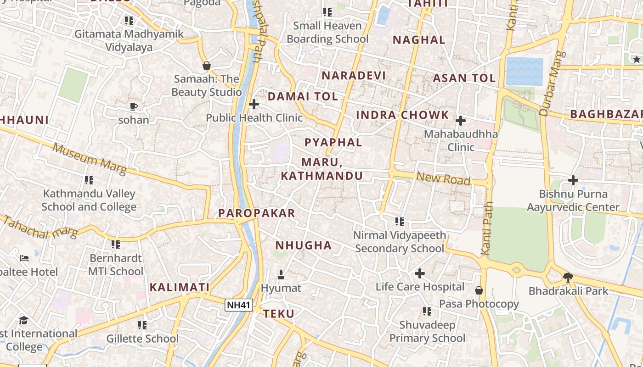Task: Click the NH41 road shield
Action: point(239,305)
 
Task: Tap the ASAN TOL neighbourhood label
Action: point(464,78)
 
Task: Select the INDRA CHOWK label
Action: point(402,115)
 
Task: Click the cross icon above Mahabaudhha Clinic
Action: point(460,121)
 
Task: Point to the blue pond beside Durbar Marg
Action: point(524,72)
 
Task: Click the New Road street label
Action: point(443,178)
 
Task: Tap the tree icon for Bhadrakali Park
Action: point(568,277)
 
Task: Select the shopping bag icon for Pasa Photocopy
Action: point(479,290)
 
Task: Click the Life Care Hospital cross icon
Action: point(419,274)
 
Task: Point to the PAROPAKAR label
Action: point(256,213)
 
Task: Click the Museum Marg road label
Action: point(89,159)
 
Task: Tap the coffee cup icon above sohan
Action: point(133,107)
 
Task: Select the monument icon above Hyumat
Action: point(281,275)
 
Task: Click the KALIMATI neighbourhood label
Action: point(180,288)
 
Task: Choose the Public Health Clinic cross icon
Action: point(254,105)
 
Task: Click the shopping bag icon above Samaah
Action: point(207,66)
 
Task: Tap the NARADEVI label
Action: point(353,76)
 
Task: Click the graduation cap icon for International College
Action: point(23,320)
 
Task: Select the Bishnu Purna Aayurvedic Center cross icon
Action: point(573,180)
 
